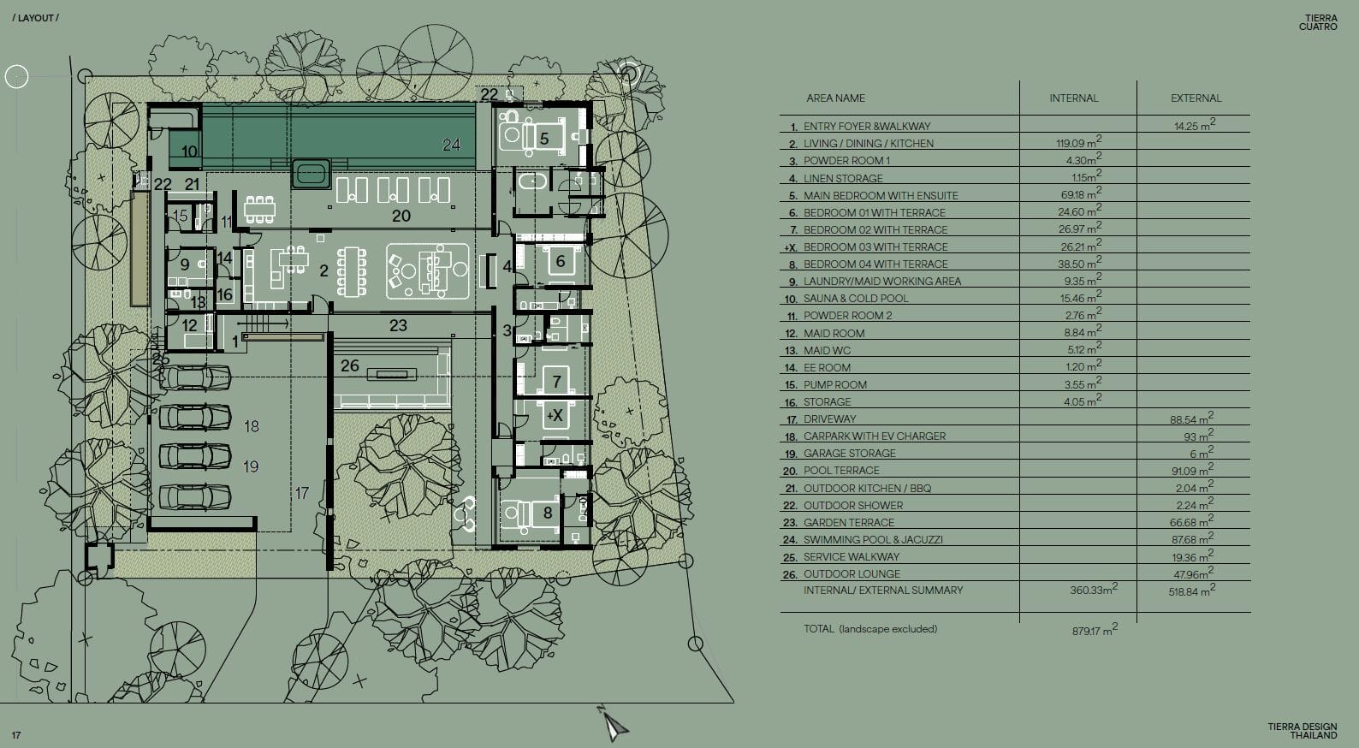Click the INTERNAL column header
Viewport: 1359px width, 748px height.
tap(1074, 98)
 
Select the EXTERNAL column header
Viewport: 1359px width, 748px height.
tap(1196, 98)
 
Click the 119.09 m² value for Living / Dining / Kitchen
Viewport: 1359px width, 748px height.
tap(1078, 143)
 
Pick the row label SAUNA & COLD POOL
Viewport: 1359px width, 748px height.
tap(856, 299)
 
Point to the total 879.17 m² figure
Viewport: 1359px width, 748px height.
tap(1095, 630)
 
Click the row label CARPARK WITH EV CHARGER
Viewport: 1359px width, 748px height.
tap(875, 436)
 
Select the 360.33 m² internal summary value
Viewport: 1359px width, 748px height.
tap(1093, 589)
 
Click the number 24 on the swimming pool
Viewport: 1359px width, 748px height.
tap(451, 145)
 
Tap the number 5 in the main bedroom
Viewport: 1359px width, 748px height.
tap(544, 139)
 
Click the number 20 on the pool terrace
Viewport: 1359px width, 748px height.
tap(401, 216)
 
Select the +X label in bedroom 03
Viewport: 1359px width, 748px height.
tap(555, 416)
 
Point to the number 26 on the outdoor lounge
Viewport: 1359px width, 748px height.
tap(350, 365)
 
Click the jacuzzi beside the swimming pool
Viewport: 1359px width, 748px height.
tap(312, 174)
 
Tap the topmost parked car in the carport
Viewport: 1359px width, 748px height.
tap(195, 377)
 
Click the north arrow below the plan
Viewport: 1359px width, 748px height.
tap(614, 724)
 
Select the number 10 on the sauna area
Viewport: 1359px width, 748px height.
tap(189, 151)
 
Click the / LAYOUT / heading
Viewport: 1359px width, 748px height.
tap(36, 18)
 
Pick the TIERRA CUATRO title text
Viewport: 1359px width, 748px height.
tap(1318, 22)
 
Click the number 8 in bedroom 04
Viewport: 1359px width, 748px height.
tap(547, 514)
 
